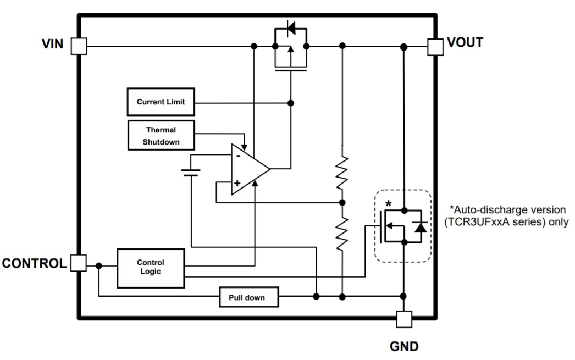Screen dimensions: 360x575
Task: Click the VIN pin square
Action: click(x=79, y=46)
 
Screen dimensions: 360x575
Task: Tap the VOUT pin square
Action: click(x=435, y=46)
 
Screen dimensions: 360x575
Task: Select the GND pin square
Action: click(x=403, y=319)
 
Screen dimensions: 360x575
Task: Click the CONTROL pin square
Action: click(x=79, y=263)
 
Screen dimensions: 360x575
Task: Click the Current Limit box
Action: click(x=161, y=102)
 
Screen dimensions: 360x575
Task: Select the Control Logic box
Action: click(x=150, y=268)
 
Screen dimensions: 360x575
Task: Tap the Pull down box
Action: click(x=249, y=297)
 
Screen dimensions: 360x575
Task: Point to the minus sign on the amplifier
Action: click(x=238, y=156)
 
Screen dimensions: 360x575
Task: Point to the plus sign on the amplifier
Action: click(x=237, y=184)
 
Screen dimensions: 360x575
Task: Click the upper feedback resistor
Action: click(x=342, y=171)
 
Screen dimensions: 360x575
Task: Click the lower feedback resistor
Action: click(x=342, y=231)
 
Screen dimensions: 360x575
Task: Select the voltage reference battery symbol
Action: click(x=191, y=173)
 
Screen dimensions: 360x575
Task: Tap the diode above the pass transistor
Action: click(x=290, y=27)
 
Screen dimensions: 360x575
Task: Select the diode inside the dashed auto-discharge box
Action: click(x=421, y=226)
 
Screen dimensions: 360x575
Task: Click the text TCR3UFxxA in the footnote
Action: click(x=480, y=222)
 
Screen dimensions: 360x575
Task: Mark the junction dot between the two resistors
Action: click(x=342, y=202)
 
